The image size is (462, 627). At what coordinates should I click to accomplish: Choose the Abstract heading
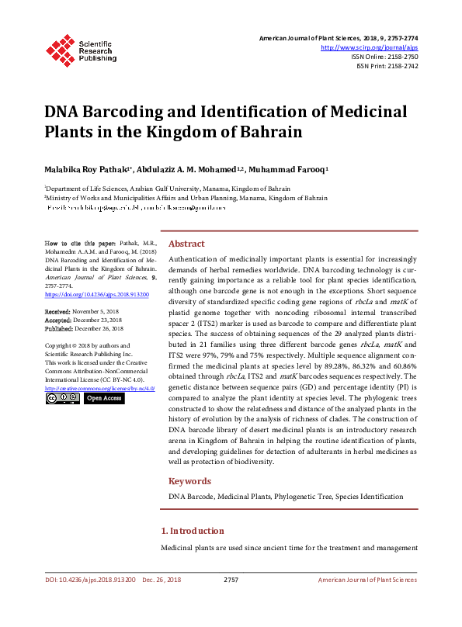(x=186, y=243)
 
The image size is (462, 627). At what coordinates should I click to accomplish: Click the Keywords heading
(x=190, y=481)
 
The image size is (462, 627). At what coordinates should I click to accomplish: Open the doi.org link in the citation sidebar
(x=96, y=295)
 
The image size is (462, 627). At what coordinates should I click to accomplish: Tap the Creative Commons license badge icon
(x=61, y=398)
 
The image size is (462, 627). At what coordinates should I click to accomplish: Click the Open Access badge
(x=103, y=398)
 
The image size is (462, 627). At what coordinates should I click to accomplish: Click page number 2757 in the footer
(x=231, y=580)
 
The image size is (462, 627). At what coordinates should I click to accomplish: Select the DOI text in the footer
(x=90, y=580)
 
